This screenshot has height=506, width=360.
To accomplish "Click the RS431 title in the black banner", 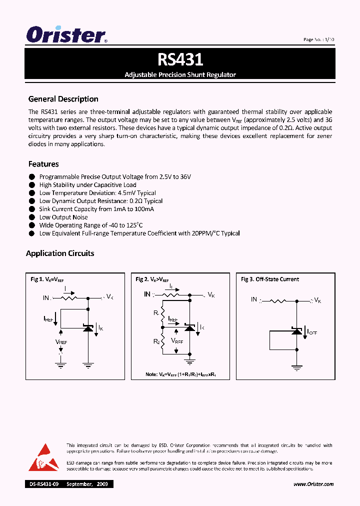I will [180, 60].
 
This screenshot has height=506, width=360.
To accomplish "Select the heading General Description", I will [63, 99].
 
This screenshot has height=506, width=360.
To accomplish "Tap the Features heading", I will [43, 164].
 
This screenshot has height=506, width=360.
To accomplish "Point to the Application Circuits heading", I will [60, 253].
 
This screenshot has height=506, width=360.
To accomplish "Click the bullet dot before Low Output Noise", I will [31, 217].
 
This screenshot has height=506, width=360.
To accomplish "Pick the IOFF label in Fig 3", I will [312, 331].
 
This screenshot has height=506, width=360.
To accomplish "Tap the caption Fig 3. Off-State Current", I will [270, 279].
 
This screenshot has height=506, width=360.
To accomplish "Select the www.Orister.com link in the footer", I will [313, 484].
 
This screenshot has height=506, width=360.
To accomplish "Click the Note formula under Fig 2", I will [180, 374].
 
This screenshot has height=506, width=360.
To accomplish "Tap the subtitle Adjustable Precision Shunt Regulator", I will [180, 74].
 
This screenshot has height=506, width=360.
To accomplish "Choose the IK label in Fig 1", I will [100, 328].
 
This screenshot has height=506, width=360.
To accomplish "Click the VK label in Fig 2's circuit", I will [211, 295].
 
